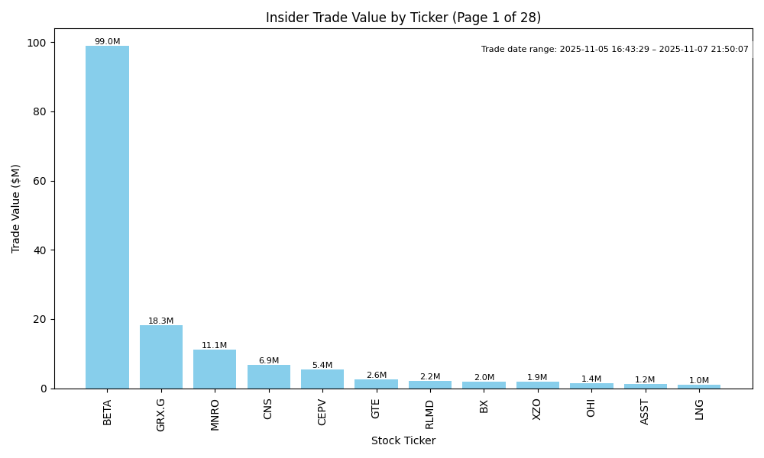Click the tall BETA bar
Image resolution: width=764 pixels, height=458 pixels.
107,218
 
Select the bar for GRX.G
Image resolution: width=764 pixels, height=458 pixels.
161,357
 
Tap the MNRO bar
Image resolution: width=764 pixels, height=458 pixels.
215,369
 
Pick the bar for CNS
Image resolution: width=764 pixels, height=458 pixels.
269,376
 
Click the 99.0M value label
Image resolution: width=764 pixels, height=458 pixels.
107,42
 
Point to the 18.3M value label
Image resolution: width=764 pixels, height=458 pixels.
161,321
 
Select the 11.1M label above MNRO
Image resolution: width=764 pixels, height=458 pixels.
215,346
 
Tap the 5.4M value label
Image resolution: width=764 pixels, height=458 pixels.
322,366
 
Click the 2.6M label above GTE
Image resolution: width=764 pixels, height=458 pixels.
376,376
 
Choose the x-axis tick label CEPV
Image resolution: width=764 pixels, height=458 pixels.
322,411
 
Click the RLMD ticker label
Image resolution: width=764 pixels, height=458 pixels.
430,414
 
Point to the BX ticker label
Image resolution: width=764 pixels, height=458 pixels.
484,406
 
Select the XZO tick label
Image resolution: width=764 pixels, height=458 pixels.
537,409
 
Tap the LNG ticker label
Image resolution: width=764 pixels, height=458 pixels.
699,409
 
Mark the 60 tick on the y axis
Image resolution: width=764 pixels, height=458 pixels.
40,181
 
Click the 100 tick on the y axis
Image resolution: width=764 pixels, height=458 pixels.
37,42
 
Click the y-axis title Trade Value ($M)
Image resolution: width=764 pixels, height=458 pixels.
16,208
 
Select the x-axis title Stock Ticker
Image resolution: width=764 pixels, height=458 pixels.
403,441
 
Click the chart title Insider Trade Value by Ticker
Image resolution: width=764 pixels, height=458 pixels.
403,18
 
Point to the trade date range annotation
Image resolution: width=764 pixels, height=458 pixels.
615,50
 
